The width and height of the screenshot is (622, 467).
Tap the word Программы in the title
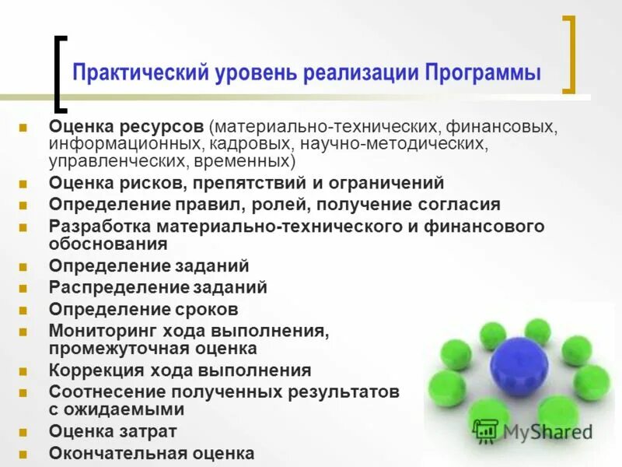click(483, 74)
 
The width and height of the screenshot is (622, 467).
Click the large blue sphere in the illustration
click(519, 366)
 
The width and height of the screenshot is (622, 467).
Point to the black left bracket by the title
click(60, 74)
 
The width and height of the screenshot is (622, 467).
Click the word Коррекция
click(93, 370)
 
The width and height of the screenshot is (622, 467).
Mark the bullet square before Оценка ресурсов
click(23, 126)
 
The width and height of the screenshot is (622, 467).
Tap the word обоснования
click(108, 244)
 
